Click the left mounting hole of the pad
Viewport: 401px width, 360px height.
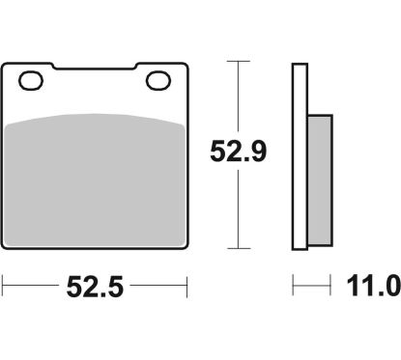[31, 81]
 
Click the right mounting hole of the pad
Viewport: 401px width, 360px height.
[158, 80]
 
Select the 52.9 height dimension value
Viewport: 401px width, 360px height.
[238, 152]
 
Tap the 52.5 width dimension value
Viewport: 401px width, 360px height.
[95, 288]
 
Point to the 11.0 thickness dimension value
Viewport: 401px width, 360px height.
[374, 287]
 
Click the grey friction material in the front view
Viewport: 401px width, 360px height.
[95, 180]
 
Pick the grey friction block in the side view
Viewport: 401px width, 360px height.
[320, 180]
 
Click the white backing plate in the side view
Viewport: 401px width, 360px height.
[300, 156]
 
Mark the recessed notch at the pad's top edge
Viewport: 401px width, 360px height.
[94, 67]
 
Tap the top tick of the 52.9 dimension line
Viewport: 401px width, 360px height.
[238, 61]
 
